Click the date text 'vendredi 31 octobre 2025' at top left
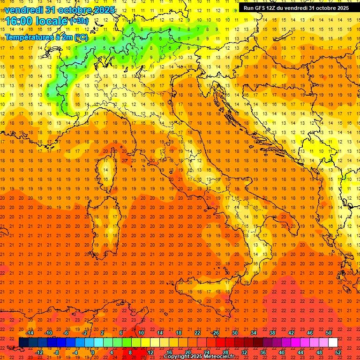coord(59,10)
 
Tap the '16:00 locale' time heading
coord(36,21)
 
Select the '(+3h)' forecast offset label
coord(78,21)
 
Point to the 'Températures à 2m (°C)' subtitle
coord(45,37)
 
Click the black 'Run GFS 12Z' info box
coord(296,8)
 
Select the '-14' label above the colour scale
coord(30,333)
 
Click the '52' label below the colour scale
coord(338,352)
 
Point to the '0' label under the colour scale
coord(93,352)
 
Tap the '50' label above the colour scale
coord(329,333)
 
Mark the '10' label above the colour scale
coord(141,333)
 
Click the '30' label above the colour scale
coord(235,333)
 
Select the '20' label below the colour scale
coord(187,352)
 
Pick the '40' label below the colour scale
coord(282,352)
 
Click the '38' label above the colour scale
coord(272,333)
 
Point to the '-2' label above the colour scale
coord(84,333)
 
